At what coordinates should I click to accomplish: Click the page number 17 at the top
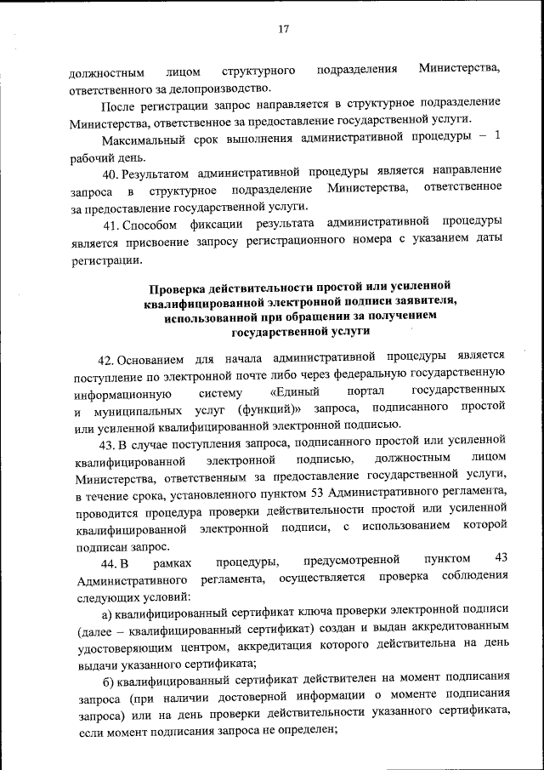pyautogui.click(x=284, y=29)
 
